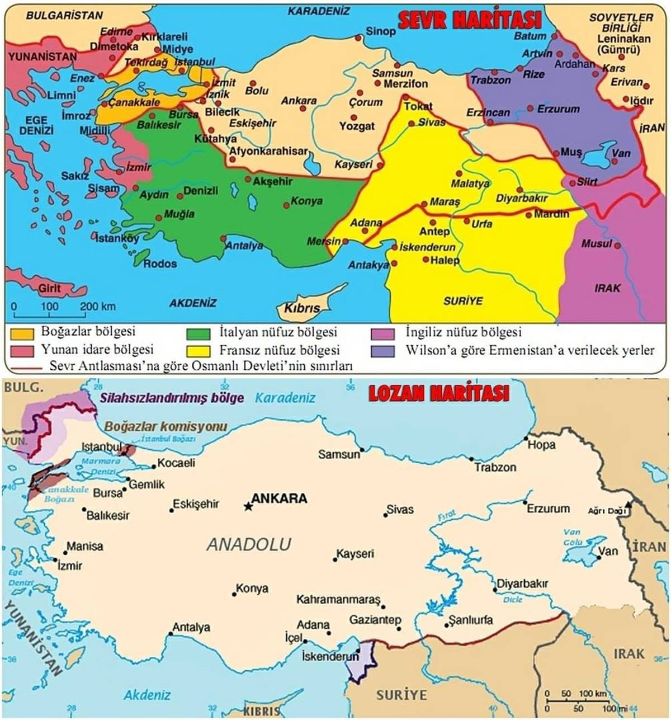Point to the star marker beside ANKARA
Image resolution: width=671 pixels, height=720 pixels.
coord(247,506)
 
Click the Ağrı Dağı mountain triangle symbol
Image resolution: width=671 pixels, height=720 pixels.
coord(629,505)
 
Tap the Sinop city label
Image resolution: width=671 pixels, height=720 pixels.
coord(380,31)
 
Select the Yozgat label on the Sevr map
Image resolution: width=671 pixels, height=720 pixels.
coord(357,126)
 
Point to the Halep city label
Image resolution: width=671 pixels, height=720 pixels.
coord(445,260)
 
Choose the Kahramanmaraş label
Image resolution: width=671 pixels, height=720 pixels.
coord(338,600)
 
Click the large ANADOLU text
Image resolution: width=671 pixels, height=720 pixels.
coord(249,544)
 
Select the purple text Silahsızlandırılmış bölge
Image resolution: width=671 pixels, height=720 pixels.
coord(172,398)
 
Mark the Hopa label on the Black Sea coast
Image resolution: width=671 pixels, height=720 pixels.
coord(542,445)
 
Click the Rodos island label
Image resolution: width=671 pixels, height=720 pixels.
coord(160,263)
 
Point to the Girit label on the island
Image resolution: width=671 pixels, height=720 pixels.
coord(49,289)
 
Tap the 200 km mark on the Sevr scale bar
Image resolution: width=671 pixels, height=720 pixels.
coord(97,307)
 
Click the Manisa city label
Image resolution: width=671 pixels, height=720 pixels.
coord(84,546)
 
